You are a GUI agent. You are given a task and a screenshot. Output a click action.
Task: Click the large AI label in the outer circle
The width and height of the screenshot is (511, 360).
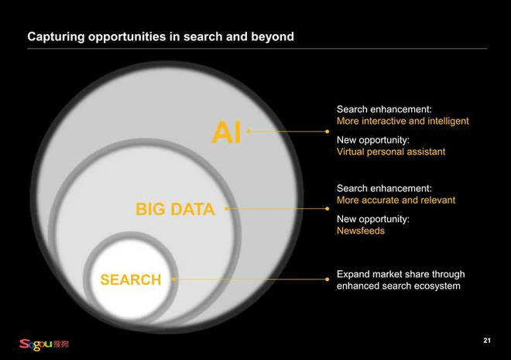pyautogui.click(x=227, y=132)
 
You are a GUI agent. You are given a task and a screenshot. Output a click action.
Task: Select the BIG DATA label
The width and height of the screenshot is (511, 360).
pyautogui.click(x=175, y=209)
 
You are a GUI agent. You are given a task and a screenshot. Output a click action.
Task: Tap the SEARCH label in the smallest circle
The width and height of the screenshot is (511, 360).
pyautogui.click(x=131, y=279)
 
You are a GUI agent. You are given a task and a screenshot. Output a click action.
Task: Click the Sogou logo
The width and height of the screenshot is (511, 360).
pyautogui.click(x=43, y=345)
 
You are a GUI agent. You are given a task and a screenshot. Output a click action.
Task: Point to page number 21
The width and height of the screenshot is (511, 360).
pyautogui.click(x=487, y=341)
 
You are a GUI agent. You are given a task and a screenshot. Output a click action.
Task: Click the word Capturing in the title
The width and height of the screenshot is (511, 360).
pyautogui.click(x=56, y=37)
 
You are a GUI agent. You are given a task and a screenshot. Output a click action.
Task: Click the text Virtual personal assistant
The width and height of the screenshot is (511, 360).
pyautogui.click(x=391, y=152)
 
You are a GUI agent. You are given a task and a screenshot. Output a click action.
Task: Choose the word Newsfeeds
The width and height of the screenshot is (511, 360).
pyautogui.click(x=361, y=231)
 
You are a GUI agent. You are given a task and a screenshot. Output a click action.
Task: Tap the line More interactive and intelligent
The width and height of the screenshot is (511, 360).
pyautogui.click(x=403, y=122)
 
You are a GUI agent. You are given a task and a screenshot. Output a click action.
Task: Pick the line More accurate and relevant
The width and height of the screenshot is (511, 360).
pyautogui.click(x=396, y=200)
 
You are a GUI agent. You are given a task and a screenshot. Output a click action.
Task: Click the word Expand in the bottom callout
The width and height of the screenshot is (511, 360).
pyautogui.click(x=352, y=275)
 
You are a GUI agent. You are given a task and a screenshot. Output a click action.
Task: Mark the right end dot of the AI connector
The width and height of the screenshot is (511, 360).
pyautogui.click(x=328, y=132)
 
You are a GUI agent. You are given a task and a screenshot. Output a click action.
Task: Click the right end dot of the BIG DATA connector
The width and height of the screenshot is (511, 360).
pyautogui.click(x=328, y=208)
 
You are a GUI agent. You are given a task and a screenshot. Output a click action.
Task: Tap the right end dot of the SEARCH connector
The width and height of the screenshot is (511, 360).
pyautogui.click(x=328, y=279)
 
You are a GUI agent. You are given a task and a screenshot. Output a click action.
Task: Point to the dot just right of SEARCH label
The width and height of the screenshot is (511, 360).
pyautogui.click(x=174, y=279)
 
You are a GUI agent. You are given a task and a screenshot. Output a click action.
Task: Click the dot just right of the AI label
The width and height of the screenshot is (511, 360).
pyautogui.click(x=249, y=132)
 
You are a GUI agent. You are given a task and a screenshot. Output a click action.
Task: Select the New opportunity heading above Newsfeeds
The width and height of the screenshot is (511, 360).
pyautogui.click(x=373, y=219)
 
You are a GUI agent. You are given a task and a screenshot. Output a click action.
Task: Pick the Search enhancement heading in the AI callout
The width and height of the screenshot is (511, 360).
pyautogui.click(x=384, y=109)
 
